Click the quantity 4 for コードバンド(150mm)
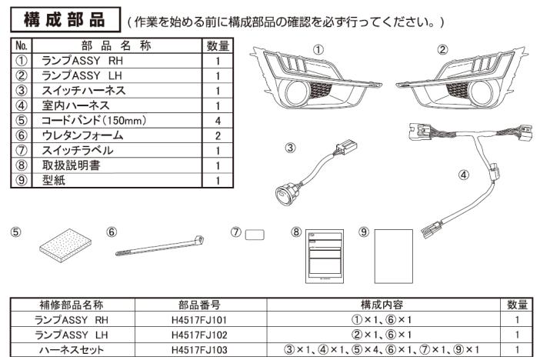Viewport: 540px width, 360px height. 218,120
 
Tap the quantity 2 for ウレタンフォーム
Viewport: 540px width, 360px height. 218,135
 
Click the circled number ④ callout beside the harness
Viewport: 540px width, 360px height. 463,174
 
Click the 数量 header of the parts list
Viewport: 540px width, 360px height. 218,46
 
